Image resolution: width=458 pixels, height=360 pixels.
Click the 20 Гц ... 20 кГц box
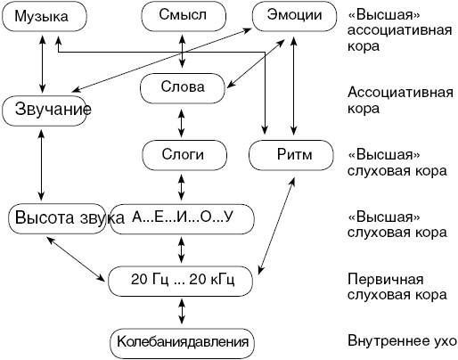pyautogui.click(x=182, y=280)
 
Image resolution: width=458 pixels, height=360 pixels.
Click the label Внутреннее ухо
pyautogui.click(x=402, y=341)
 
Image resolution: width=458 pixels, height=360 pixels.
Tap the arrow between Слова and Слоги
pyautogui.click(x=182, y=120)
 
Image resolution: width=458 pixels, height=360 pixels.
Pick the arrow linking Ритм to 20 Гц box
pyautogui.click(x=277, y=223)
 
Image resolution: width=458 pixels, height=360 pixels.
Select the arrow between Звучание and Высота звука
pyautogui.click(x=41, y=164)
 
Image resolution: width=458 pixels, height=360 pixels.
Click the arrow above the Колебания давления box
pyautogui.click(x=182, y=311)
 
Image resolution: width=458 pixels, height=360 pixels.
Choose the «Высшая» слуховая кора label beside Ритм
pyautogui.click(x=392, y=161)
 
